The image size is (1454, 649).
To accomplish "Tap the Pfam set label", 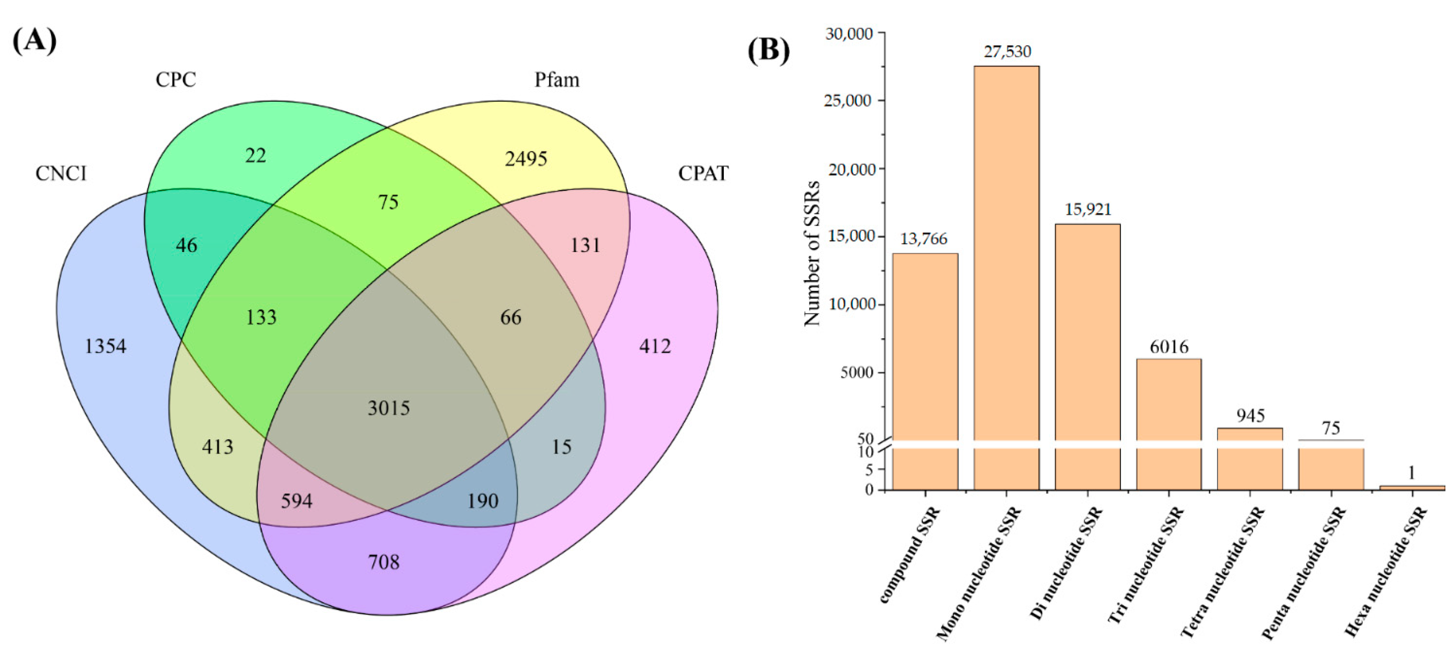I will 556,80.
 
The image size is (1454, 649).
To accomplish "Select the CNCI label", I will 61,173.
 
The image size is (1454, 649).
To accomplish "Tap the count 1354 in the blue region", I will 106,346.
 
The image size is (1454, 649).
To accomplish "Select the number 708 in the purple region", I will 384,562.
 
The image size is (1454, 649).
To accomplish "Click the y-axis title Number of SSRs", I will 812,253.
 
